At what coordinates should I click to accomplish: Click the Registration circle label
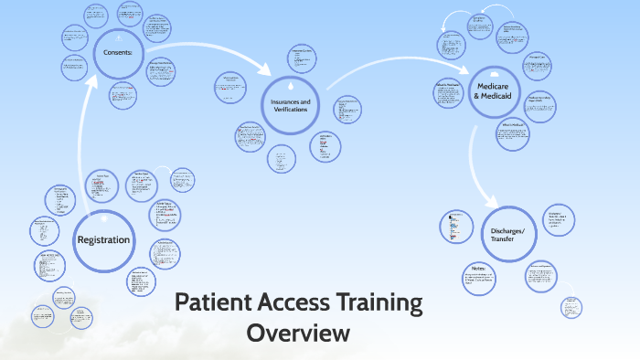click(102, 240)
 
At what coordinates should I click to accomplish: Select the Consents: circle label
click(119, 53)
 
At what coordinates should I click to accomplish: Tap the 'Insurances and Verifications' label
click(292, 105)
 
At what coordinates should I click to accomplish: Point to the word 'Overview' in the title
click(299, 333)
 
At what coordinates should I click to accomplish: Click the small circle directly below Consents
click(123, 93)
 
